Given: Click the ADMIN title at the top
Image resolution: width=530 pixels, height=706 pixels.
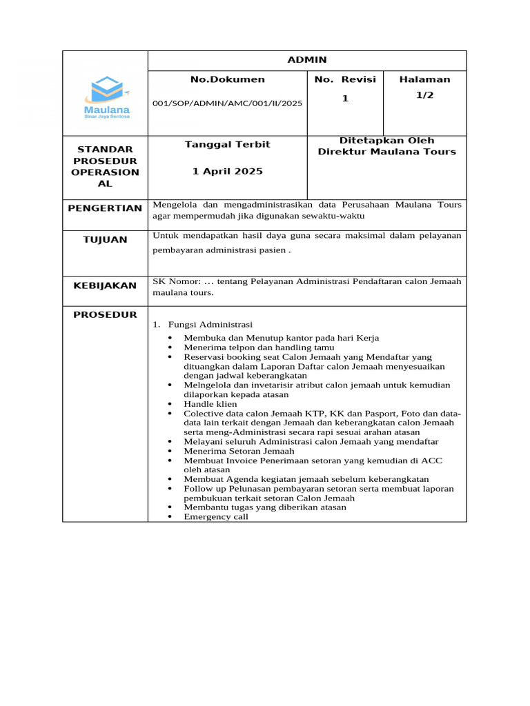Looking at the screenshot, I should tap(307, 60).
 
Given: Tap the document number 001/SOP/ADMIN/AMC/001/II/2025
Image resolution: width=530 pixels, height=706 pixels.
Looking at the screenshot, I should tap(227, 103).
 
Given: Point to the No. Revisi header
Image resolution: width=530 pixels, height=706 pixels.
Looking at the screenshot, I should tap(344, 79).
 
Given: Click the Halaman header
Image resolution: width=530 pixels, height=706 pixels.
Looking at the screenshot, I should tap(424, 79).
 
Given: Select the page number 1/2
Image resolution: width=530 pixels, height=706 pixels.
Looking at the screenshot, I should tap(424, 95).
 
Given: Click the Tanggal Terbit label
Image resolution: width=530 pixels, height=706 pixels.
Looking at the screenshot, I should tap(227, 144).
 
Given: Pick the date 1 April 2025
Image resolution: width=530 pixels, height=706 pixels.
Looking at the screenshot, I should tap(227, 171).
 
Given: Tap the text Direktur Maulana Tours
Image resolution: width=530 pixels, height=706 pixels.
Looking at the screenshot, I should tap(386, 152).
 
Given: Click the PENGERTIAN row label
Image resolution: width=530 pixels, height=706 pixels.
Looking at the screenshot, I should tap(105, 208).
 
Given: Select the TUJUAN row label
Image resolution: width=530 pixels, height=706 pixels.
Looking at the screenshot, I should tap(105, 239).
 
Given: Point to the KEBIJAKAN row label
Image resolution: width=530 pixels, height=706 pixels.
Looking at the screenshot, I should tap(105, 285).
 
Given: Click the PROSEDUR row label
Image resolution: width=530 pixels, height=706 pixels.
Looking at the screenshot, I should tap(105, 315).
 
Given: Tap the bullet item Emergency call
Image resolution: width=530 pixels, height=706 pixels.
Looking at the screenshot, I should tap(215, 516).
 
